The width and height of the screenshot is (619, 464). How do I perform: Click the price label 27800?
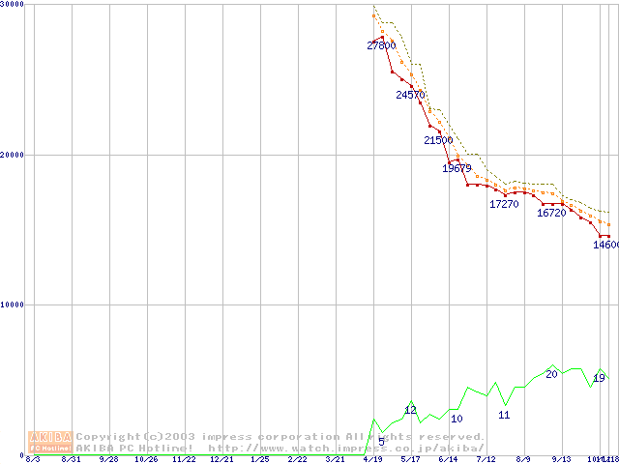point(381,45)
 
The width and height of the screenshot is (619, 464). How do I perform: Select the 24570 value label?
point(410,95)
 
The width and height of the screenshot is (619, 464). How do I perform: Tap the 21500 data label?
point(438,140)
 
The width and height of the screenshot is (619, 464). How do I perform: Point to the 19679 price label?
point(457,168)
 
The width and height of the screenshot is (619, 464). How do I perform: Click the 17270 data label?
point(504,204)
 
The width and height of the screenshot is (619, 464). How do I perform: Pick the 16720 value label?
point(551,213)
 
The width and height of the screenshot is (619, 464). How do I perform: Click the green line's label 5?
point(381,442)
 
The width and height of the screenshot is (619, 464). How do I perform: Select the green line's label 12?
point(410,410)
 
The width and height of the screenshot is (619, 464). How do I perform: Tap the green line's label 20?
point(551,374)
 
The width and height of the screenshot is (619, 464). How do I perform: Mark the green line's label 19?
point(599,378)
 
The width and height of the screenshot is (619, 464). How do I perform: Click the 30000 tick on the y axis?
point(14,5)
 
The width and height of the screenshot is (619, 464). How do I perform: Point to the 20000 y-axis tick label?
point(14,155)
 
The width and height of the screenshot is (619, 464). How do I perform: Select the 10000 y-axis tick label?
point(14,304)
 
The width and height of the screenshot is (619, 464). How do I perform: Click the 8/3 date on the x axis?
point(33,459)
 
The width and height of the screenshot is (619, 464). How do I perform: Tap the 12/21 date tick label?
point(221,459)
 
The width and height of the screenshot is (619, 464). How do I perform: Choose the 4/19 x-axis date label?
point(372,459)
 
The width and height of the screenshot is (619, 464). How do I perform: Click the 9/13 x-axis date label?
point(561,459)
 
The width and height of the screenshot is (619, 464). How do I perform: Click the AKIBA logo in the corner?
point(50,442)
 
